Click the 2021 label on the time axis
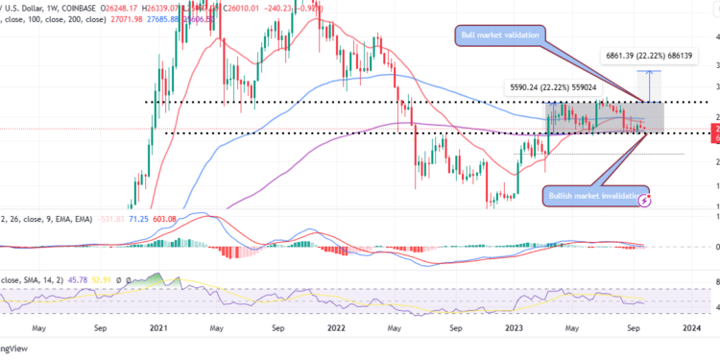click(159, 326)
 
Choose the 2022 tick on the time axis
click(336, 326)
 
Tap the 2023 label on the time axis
click(512, 326)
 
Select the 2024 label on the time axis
click(689, 326)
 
